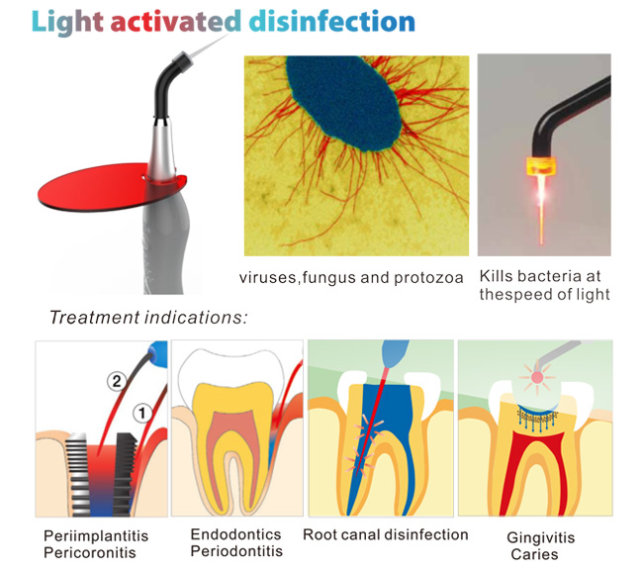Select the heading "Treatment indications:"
click(x=148, y=318)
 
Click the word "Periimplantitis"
click(x=96, y=535)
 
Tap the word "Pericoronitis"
click(x=89, y=552)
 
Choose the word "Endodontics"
click(x=235, y=534)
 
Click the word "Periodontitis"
click(x=236, y=551)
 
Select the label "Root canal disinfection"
click(x=386, y=534)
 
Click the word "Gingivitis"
click(x=534, y=537)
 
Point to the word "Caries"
click(x=534, y=554)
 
